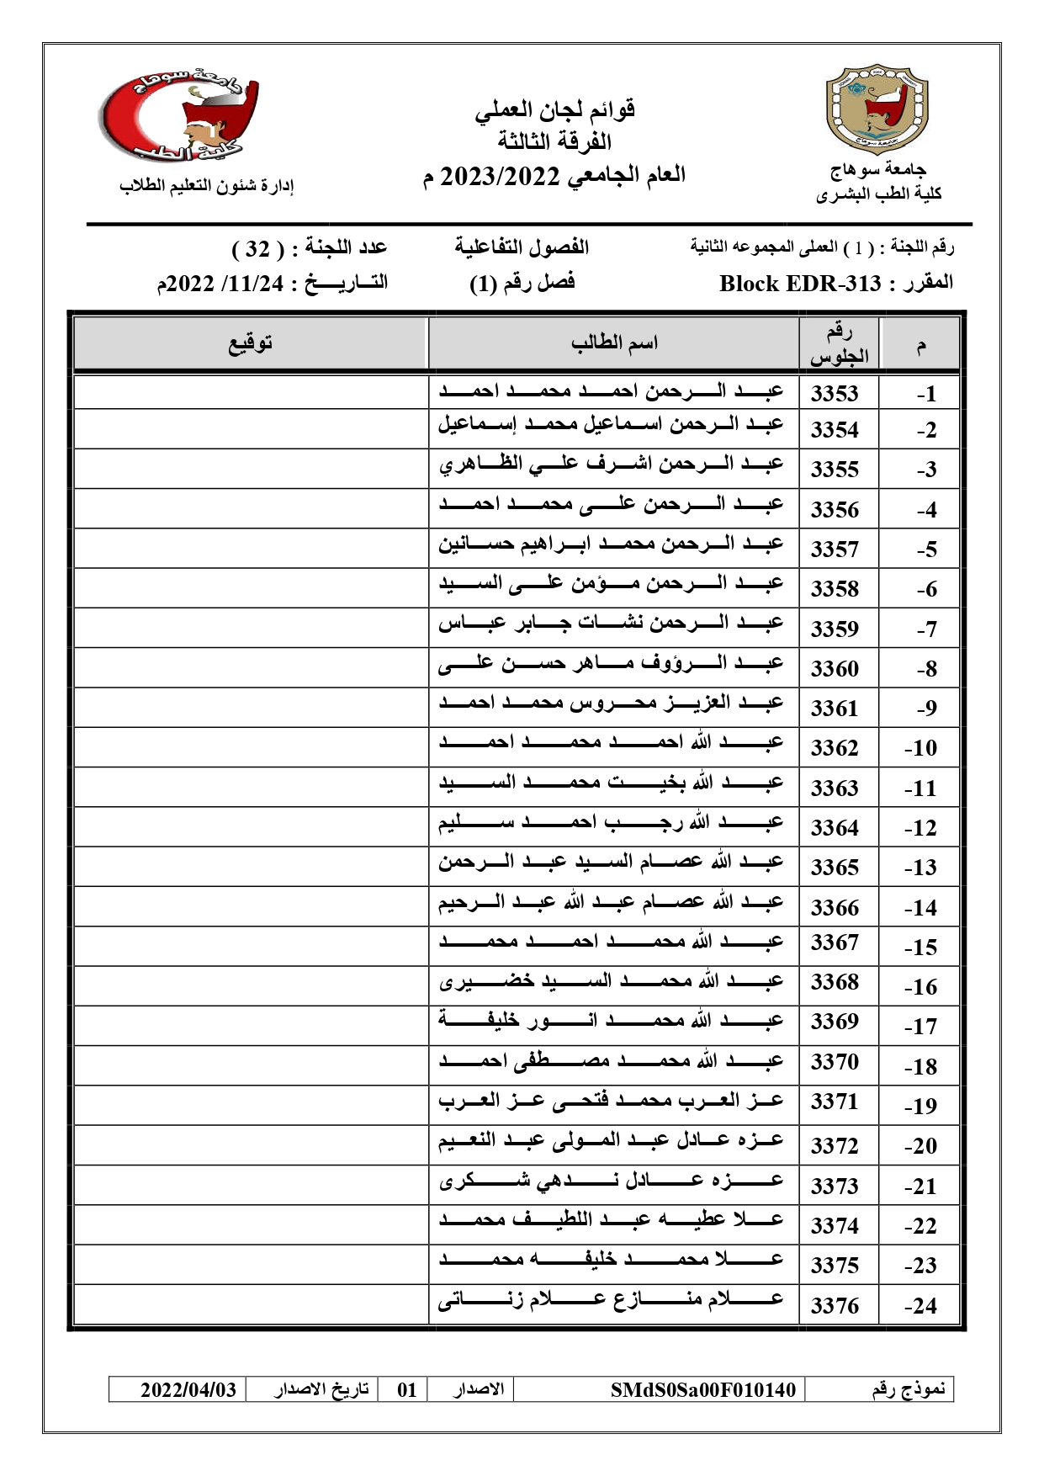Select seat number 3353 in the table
click(x=835, y=393)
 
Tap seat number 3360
click(x=835, y=669)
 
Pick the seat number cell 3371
click(x=835, y=1102)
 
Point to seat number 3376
click(x=835, y=1306)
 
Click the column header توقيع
click(x=251, y=343)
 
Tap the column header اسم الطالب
click(x=614, y=343)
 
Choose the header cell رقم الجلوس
click(x=839, y=344)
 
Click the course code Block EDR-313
click(x=800, y=284)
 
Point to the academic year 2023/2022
click(x=500, y=176)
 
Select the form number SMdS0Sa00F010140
click(x=702, y=1389)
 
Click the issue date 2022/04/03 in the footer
click(x=188, y=1389)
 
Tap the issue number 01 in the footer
click(x=407, y=1389)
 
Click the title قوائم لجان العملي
click(x=554, y=109)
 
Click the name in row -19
click(x=611, y=1101)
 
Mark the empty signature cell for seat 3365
click(x=251, y=867)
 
